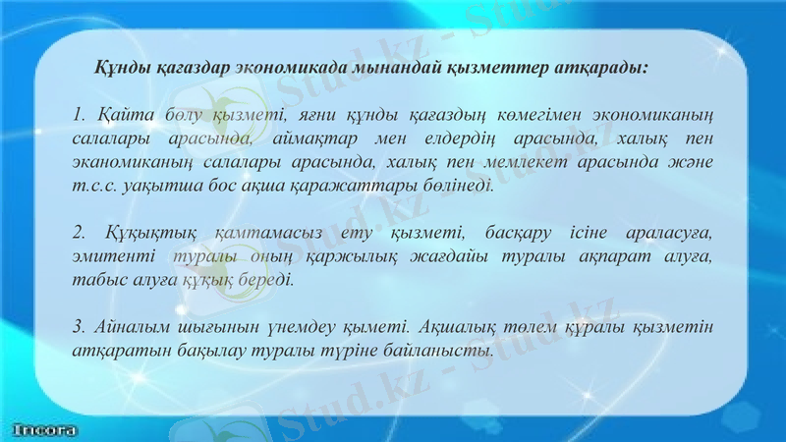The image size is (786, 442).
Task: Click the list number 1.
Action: pos(78,119)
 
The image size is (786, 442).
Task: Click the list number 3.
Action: pos(78,327)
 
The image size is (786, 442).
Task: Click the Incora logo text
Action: pos(44,429)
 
